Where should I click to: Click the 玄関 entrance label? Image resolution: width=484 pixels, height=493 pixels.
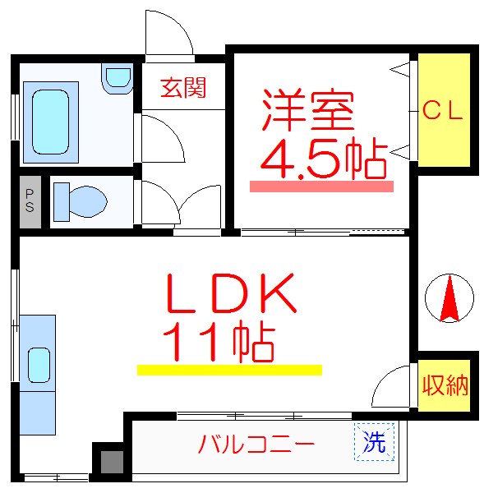pyautogui.click(x=182, y=86)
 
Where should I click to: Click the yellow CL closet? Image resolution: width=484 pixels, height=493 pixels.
pyautogui.click(x=444, y=110)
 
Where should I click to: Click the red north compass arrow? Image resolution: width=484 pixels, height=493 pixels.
pyautogui.click(x=449, y=300)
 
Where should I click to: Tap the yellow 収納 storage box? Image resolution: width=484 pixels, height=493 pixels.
pyautogui.click(x=445, y=385)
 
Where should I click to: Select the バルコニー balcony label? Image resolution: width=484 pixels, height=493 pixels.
pyautogui.click(x=256, y=446)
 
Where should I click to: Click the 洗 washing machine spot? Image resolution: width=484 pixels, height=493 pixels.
pyautogui.click(x=375, y=444)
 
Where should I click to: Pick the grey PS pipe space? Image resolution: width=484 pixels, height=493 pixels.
pyautogui.click(x=30, y=200)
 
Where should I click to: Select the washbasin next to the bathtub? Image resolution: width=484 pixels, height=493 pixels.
pyautogui.click(x=118, y=77)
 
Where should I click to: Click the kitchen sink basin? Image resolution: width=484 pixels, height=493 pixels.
pyautogui.click(x=39, y=362)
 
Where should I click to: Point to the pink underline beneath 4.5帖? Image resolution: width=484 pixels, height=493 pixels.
pyautogui.click(x=321, y=187)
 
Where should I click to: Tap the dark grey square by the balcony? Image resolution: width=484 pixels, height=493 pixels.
pyautogui.click(x=110, y=462)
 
